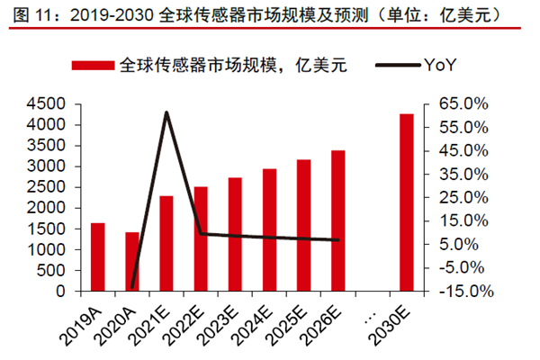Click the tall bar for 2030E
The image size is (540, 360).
(407, 203)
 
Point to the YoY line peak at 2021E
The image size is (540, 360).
(166, 112)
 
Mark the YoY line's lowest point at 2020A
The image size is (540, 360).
(132, 287)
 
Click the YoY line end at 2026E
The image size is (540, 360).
(337, 240)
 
